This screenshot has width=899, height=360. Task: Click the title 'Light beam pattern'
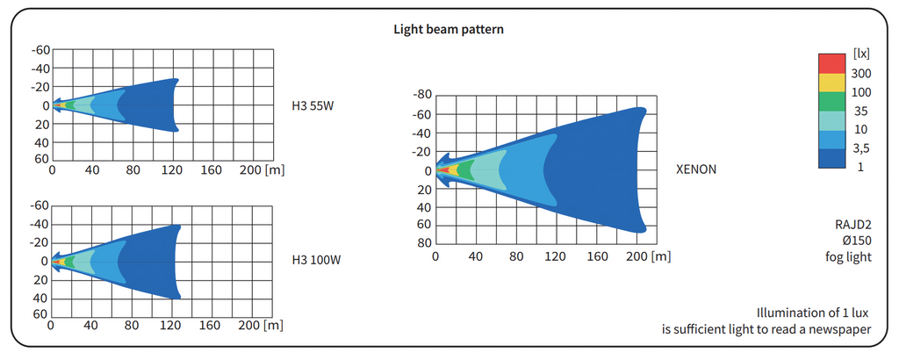click(449, 29)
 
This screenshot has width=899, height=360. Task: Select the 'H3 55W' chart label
click(313, 106)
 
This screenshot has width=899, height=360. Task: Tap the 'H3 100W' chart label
click(316, 261)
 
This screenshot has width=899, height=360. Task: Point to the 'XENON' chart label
click(696, 169)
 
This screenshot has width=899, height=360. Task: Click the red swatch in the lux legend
click(831, 64)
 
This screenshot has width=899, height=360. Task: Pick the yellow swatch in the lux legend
click(831, 83)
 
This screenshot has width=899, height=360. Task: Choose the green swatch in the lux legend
click(831, 102)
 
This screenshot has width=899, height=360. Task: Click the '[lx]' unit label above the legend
click(860, 54)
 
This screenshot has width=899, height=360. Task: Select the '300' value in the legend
click(861, 74)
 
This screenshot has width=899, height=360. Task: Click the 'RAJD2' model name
click(852, 224)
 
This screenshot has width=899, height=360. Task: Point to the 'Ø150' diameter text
click(855, 241)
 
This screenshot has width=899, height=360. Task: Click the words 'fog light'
click(849, 257)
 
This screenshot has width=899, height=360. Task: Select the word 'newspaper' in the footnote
click(840, 330)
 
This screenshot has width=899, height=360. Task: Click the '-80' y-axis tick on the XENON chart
click(422, 95)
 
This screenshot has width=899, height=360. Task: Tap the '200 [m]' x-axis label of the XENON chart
click(650, 257)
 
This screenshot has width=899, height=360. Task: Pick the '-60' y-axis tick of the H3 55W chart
click(40, 50)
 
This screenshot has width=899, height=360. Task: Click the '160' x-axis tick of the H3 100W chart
click(209, 326)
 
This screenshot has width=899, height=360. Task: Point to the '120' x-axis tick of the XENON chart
click(554, 257)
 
